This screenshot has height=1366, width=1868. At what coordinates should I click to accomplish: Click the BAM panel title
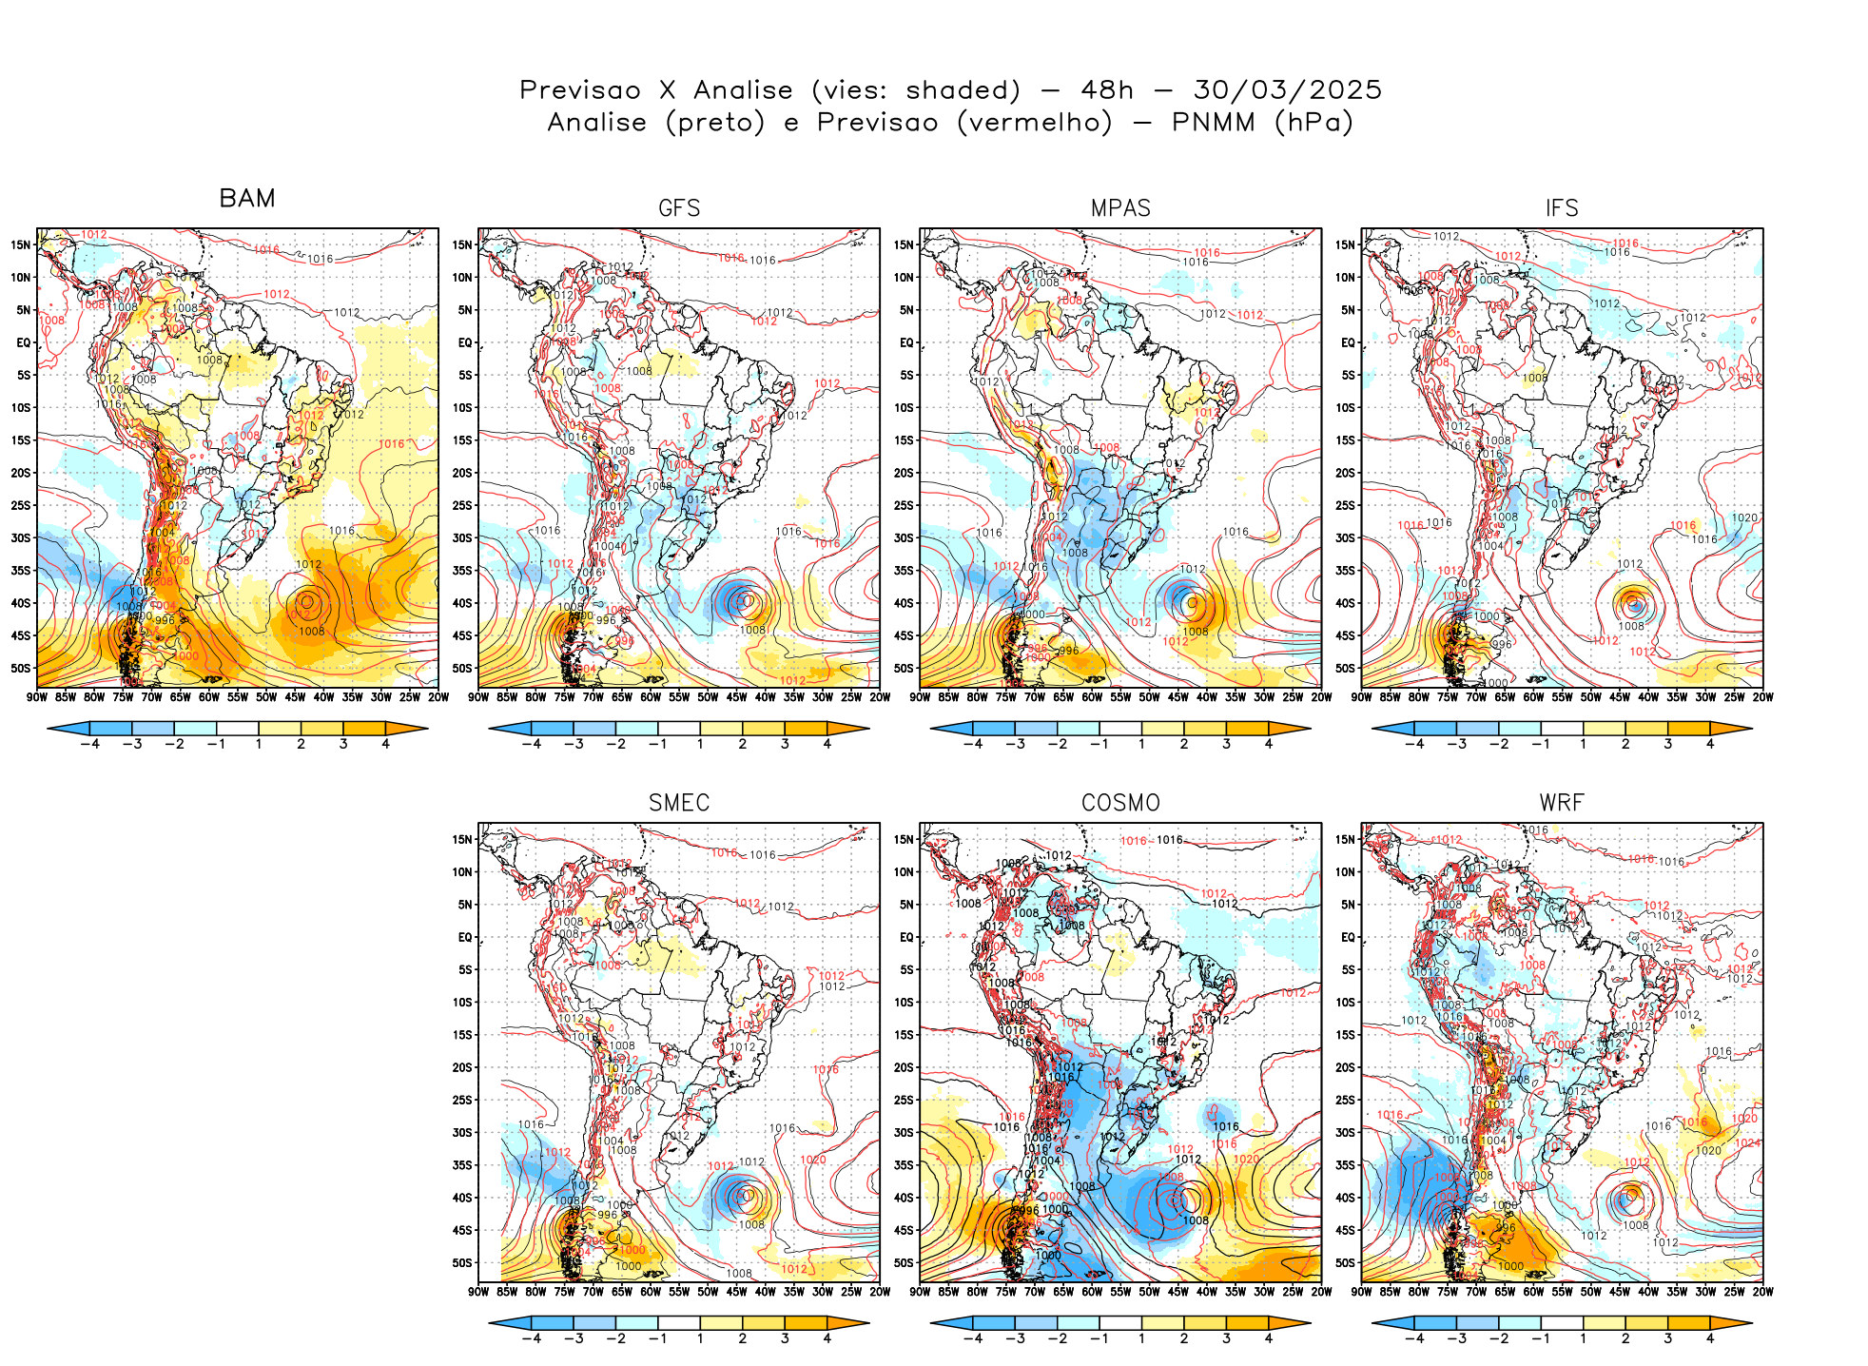tap(247, 198)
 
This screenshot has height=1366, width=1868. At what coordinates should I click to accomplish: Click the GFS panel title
tap(679, 208)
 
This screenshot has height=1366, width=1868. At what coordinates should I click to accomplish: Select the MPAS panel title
tap(1120, 208)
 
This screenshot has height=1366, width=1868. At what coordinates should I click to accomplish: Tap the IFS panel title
tap(1562, 208)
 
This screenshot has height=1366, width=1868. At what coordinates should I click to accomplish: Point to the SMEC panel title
tap(679, 803)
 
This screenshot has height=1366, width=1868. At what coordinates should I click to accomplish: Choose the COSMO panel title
tap(1120, 803)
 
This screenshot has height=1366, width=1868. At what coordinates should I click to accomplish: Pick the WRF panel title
tap(1562, 803)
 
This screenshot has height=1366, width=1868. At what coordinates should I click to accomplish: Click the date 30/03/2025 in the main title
tap(1287, 90)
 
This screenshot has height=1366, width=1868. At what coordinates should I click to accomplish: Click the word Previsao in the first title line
tap(579, 90)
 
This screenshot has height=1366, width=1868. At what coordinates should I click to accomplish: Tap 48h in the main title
tap(1107, 90)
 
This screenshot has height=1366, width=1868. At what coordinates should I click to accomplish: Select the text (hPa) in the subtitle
tap(1313, 123)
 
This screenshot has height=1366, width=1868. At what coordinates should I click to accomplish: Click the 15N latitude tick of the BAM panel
tap(21, 244)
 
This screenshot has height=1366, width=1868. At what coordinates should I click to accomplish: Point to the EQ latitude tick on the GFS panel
tap(465, 342)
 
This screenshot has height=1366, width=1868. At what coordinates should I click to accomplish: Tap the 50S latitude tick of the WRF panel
tap(1346, 1262)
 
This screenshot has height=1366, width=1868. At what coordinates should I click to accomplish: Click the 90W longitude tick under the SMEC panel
tap(478, 1292)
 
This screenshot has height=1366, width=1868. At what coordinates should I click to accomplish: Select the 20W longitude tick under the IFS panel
tap(1762, 697)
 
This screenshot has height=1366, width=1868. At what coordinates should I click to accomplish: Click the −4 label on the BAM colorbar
tap(90, 744)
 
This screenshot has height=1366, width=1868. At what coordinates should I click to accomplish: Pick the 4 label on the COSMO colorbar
tap(1269, 1338)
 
